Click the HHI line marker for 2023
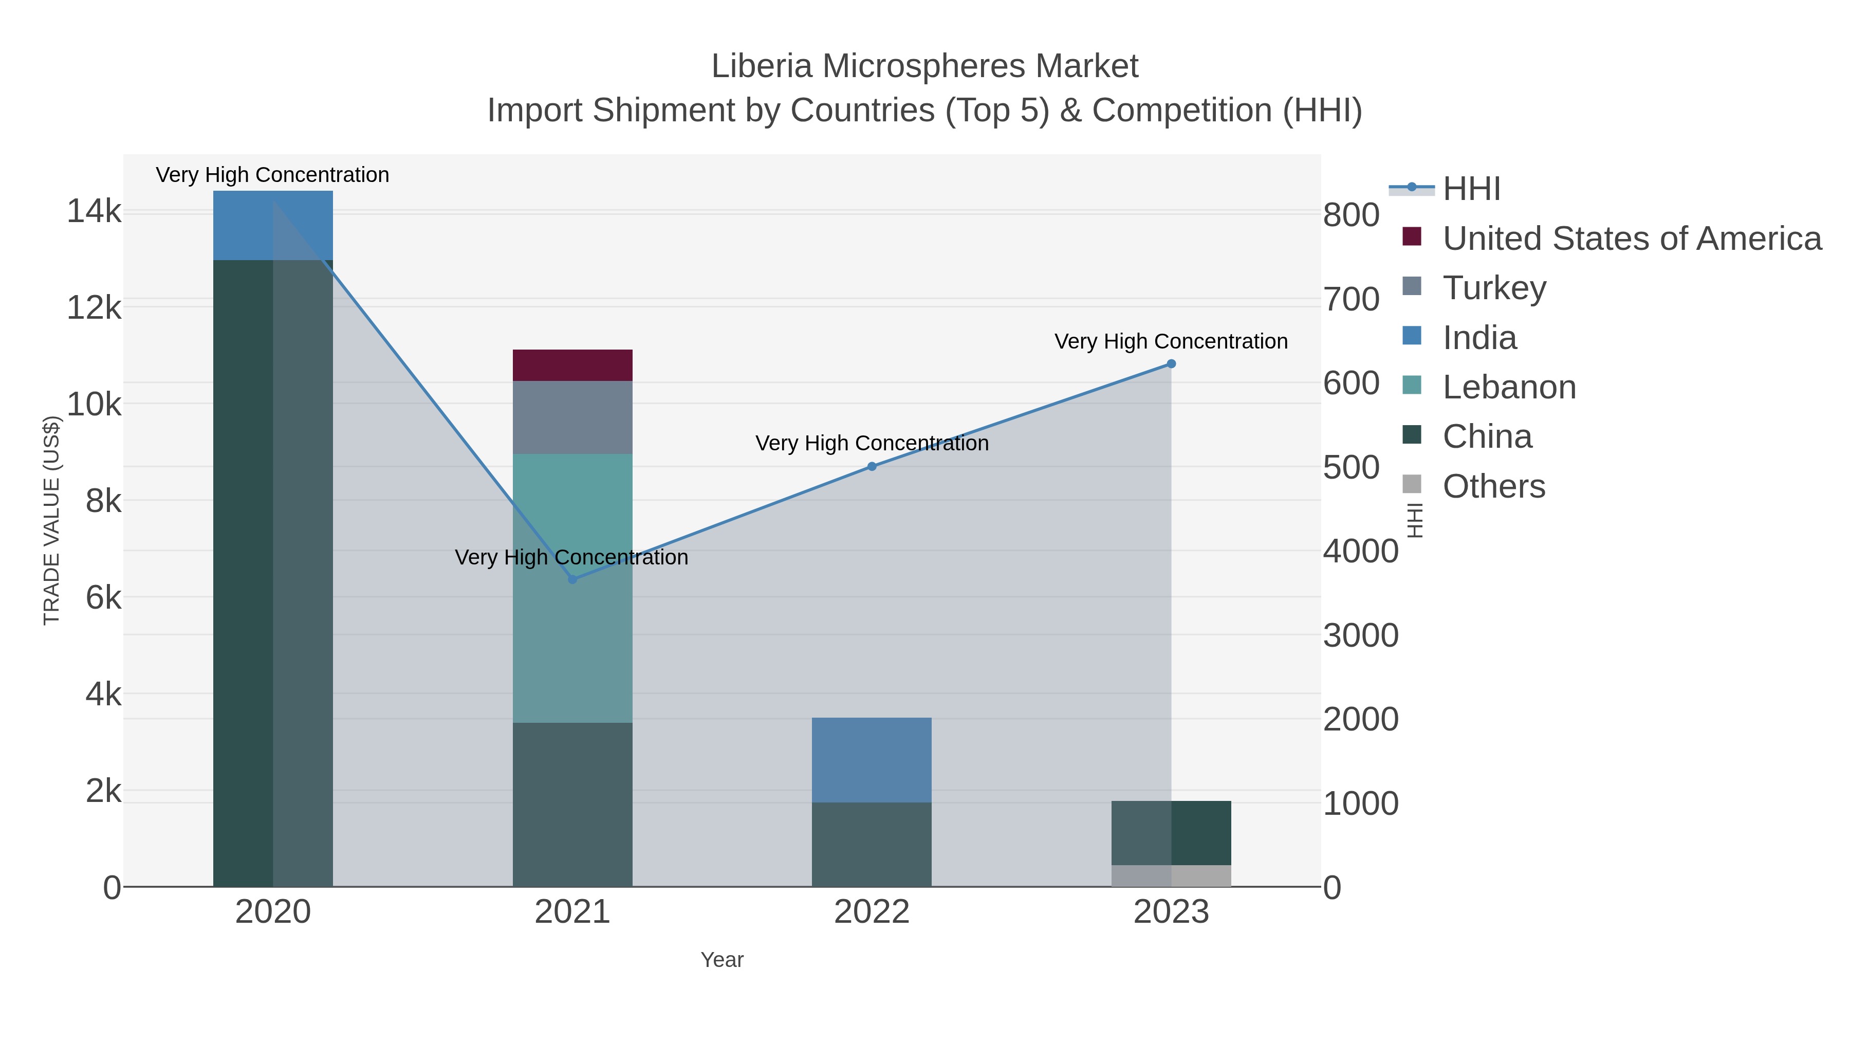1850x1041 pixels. (x=1171, y=364)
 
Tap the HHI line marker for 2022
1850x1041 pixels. (x=872, y=466)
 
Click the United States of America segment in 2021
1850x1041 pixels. (x=572, y=365)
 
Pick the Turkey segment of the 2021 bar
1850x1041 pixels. (x=572, y=417)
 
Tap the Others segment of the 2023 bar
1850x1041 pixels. (x=1171, y=876)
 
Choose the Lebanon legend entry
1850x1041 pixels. (x=1509, y=387)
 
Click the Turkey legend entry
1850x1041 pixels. (x=1494, y=288)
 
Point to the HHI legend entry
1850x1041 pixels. (x=1471, y=189)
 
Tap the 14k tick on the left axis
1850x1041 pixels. (x=94, y=211)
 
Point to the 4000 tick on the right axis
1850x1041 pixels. (x=1360, y=551)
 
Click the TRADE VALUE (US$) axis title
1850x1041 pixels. (x=52, y=520)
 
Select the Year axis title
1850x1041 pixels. (x=722, y=960)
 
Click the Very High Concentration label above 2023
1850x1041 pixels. (x=1171, y=341)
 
